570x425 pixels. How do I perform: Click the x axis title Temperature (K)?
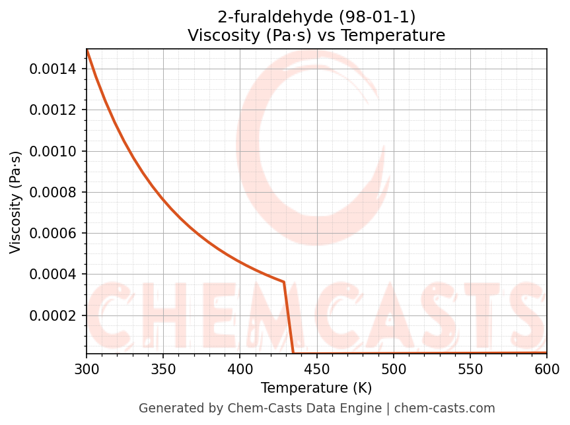pos(316,388)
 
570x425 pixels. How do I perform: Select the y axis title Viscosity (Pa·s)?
pos(16,202)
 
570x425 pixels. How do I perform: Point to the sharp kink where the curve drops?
pos(284,282)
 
